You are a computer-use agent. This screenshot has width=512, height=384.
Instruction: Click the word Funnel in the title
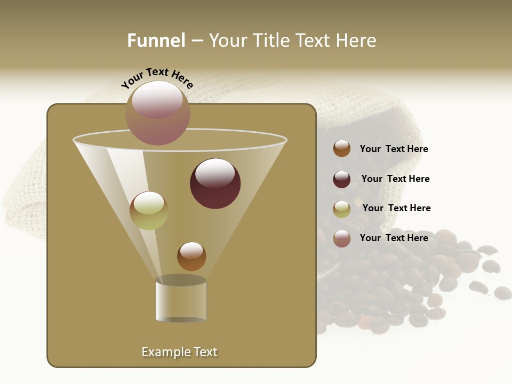click(x=156, y=41)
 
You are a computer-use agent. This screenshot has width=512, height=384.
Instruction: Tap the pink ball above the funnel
click(x=157, y=113)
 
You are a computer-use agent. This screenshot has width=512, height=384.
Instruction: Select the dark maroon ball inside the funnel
click(x=215, y=183)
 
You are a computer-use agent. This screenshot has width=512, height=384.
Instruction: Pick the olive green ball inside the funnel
click(x=149, y=211)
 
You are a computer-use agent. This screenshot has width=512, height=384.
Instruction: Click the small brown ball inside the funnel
click(x=191, y=257)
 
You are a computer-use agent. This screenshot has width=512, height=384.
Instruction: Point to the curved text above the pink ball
click(x=157, y=78)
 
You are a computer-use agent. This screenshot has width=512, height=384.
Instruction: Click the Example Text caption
click(x=179, y=352)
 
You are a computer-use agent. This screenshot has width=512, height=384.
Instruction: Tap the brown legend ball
click(x=342, y=149)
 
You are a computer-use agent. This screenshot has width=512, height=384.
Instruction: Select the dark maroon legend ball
click(x=342, y=179)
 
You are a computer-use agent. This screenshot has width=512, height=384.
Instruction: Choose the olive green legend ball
click(x=342, y=209)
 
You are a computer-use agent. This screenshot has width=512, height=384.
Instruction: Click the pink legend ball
click(x=342, y=238)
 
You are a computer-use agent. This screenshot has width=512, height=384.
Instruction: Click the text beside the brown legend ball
click(x=394, y=149)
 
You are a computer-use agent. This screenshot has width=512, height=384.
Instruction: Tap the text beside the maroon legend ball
click(x=395, y=179)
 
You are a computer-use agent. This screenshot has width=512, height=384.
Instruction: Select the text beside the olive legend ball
click(x=396, y=209)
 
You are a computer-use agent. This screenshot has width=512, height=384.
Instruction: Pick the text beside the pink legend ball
click(x=394, y=238)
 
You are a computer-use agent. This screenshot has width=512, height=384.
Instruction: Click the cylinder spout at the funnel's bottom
click(x=181, y=300)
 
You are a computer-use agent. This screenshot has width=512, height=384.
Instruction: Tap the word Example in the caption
click(x=164, y=352)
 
